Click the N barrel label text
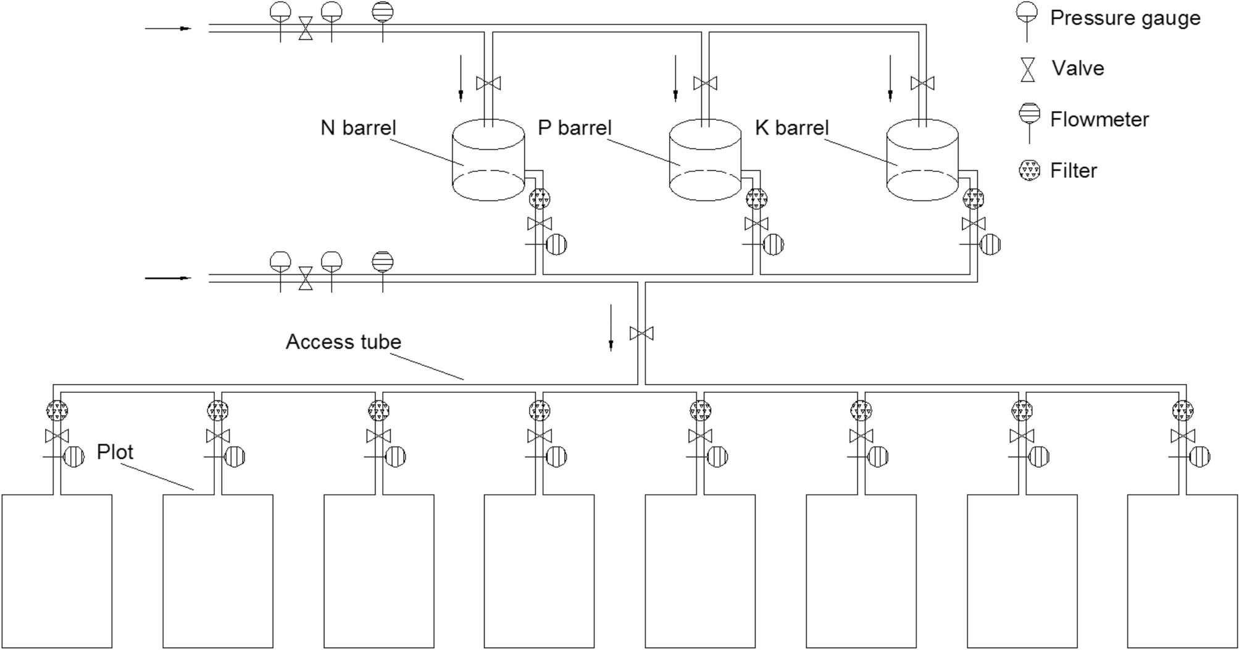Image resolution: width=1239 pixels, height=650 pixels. click(358, 128)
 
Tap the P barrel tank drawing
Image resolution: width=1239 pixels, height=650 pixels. click(705, 161)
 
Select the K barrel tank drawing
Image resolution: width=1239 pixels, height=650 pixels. click(922, 161)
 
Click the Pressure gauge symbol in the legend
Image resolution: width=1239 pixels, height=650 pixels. click(1027, 15)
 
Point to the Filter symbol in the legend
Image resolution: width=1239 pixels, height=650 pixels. click(1029, 170)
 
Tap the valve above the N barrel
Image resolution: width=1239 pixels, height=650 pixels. click(488, 83)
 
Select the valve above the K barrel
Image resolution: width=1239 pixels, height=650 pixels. click(922, 83)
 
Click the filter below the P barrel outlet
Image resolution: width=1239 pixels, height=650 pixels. click(756, 199)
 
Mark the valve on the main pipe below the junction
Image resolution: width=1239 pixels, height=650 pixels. click(641, 334)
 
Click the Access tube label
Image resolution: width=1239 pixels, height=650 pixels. click(343, 342)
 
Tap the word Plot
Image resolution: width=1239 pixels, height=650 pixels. click(115, 452)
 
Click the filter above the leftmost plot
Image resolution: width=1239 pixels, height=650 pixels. click(57, 410)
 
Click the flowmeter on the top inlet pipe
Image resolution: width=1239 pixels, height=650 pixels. click(383, 12)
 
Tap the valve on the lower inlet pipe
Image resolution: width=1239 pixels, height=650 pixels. click(306, 278)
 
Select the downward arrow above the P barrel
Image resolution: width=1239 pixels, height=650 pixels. click(675, 78)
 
